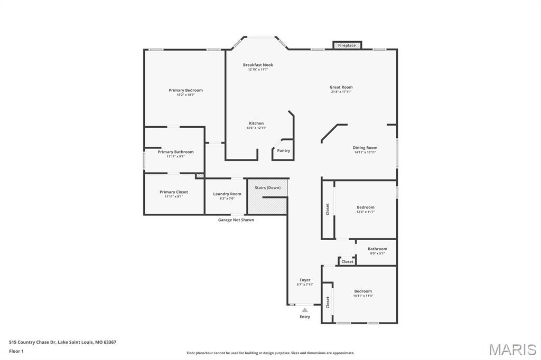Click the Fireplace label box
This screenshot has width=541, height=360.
(x=347, y=45)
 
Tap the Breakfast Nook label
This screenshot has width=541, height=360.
(x=258, y=65)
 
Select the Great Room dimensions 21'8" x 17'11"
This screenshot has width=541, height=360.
(x=341, y=92)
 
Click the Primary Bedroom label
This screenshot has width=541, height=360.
(x=185, y=90)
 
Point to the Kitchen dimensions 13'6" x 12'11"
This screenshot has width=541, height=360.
(x=256, y=128)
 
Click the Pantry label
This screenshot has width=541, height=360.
(x=284, y=150)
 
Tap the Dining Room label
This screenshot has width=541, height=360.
(x=365, y=148)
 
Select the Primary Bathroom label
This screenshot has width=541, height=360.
(x=175, y=152)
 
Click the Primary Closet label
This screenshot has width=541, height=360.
(x=174, y=192)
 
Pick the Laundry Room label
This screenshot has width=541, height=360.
(x=227, y=194)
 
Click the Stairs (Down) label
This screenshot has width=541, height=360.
(x=267, y=187)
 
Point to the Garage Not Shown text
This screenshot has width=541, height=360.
(x=236, y=220)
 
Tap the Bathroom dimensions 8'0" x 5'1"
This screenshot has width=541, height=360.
(x=377, y=253)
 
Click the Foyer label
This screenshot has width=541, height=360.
(x=305, y=280)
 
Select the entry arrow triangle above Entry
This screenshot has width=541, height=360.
(x=305, y=310)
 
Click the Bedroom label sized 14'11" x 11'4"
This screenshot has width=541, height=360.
(x=363, y=291)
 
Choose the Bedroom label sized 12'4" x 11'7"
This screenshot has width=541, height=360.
(x=365, y=207)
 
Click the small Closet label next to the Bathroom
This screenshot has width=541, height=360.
(x=347, y=262)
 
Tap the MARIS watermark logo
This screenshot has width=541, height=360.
(x=512, y=349)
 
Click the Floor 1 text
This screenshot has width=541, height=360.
(x=16, y=351)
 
